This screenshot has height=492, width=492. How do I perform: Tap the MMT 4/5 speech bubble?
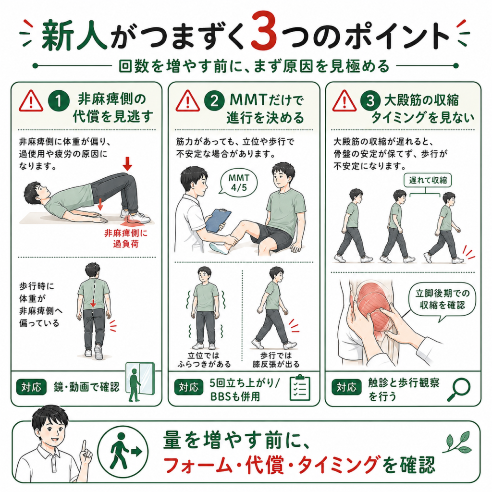[x=238, y=183]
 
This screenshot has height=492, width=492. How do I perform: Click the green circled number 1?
[x=59, y=101]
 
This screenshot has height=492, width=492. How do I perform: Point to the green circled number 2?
[x=214, y=101]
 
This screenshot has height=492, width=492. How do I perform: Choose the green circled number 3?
[x=370, y=101]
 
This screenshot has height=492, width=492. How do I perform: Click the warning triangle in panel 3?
[x=344, y=101]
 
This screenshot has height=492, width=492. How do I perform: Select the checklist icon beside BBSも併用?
[x=300, y=388]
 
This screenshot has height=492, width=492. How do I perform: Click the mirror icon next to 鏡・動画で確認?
[x=140, y=382]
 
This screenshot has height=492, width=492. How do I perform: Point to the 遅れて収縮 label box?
[x=427, y=181]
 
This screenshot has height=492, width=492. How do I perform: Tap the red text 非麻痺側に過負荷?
[x=126, y=238]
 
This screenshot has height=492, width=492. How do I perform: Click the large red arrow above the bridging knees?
[x=127, y=164]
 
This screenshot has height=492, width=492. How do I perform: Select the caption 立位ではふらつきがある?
[x=204, y=359]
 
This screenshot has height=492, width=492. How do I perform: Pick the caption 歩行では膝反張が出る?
[x=276, y=359]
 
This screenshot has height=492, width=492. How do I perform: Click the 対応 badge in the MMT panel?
[x=188, y=387]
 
